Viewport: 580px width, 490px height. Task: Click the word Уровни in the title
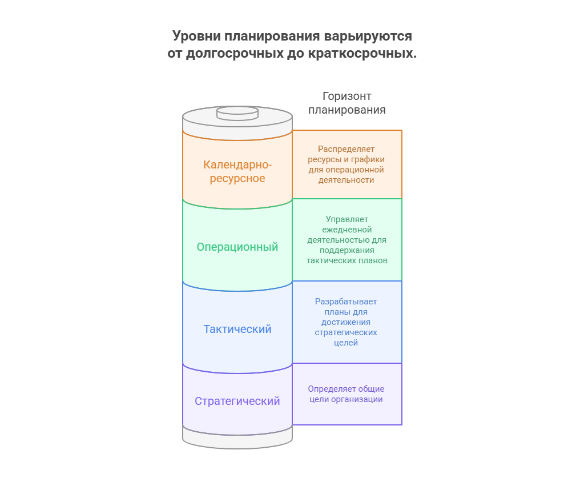tap(196, 37)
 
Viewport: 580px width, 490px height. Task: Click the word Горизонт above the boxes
tap(347, 96)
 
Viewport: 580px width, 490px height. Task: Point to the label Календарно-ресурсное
tap(237, 171)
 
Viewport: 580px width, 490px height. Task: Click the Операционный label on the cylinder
tap(237, 247)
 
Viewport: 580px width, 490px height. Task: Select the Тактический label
tap(237, 329)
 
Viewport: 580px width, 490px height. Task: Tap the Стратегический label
tap(237, 401)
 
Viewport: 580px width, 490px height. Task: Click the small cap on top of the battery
tap(237, 113)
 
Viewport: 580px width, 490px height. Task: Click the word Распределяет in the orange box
tap(346, 149)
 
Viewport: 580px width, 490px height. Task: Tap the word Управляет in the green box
tap(347, 219)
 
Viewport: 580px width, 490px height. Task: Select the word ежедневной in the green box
tap(347, 230)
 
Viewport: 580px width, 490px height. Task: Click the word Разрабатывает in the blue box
tap(346, 302)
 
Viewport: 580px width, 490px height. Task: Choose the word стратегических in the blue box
tap(346, 333)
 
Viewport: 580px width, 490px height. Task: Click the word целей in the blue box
tap(346, 343)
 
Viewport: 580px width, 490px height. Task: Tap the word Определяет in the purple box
tap(331, 389)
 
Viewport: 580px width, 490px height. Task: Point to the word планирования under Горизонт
tap(347, 110)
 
